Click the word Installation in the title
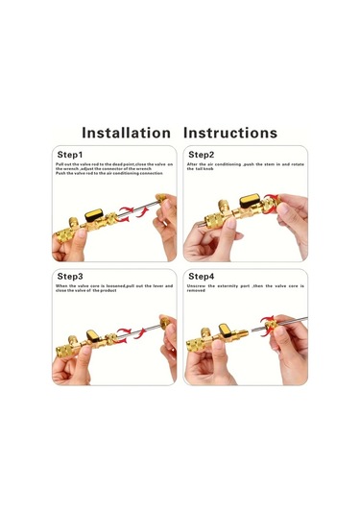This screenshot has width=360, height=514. [126, 133]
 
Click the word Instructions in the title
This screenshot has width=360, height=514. [229, 133]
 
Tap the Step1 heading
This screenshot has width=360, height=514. [70, 154]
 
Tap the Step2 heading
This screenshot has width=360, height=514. [201, 154]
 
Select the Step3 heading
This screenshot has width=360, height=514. [70, 277]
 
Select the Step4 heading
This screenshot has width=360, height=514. [201, 277]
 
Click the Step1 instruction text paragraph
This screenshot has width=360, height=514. [108, 169]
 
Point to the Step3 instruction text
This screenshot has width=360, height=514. [113, 287]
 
